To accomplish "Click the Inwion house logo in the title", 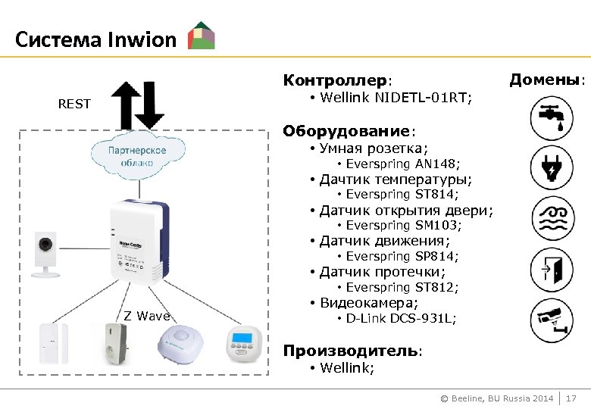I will (x=201, y=36).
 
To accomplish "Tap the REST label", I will (x=74, y=104).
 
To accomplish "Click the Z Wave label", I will (x=147, y=316).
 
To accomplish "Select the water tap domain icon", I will (x=552, y=117).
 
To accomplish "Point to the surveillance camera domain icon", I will (x=552, y=318).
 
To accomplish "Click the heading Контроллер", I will (x=336, y=80).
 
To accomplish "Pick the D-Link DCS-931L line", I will (x=401, y=319).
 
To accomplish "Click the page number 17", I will (x=572, y=398).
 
